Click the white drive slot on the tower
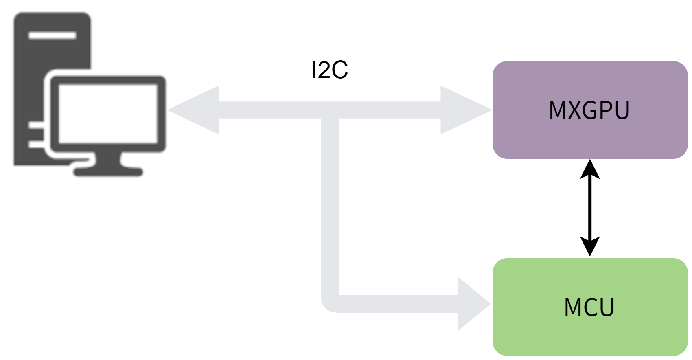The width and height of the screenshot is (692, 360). coord(52,35)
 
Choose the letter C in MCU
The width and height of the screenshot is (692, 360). coord(590,307)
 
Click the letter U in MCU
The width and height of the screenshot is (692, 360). coord(607,307)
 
